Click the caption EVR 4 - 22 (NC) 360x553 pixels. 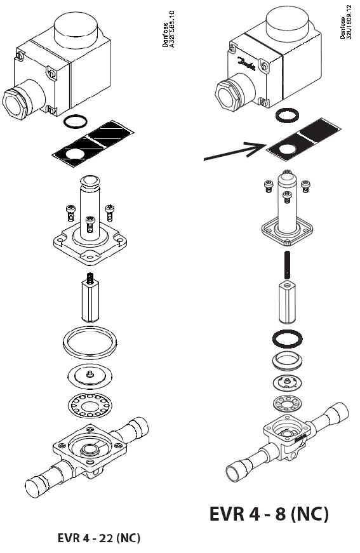(x=98, y=538)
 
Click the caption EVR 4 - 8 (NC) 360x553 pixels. (x=269, y=514)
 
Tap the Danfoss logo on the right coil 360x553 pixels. (x=246, y=63)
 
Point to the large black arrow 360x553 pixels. (x=234, y=151)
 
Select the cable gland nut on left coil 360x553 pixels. (x=15, y=103)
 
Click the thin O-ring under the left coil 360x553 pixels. (x=76, y=121)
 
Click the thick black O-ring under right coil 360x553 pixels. (x=287, y=116)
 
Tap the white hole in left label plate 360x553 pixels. (x=76, y=154)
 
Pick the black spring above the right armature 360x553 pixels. (x=288, y=264)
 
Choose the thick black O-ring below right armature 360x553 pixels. (x=288, y=338)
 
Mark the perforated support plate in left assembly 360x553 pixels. (x=90, y=405)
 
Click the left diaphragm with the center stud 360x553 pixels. (x=90, y=376)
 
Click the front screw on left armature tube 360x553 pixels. (x=91, y=224)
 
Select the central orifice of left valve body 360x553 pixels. (x=91, y=450)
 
